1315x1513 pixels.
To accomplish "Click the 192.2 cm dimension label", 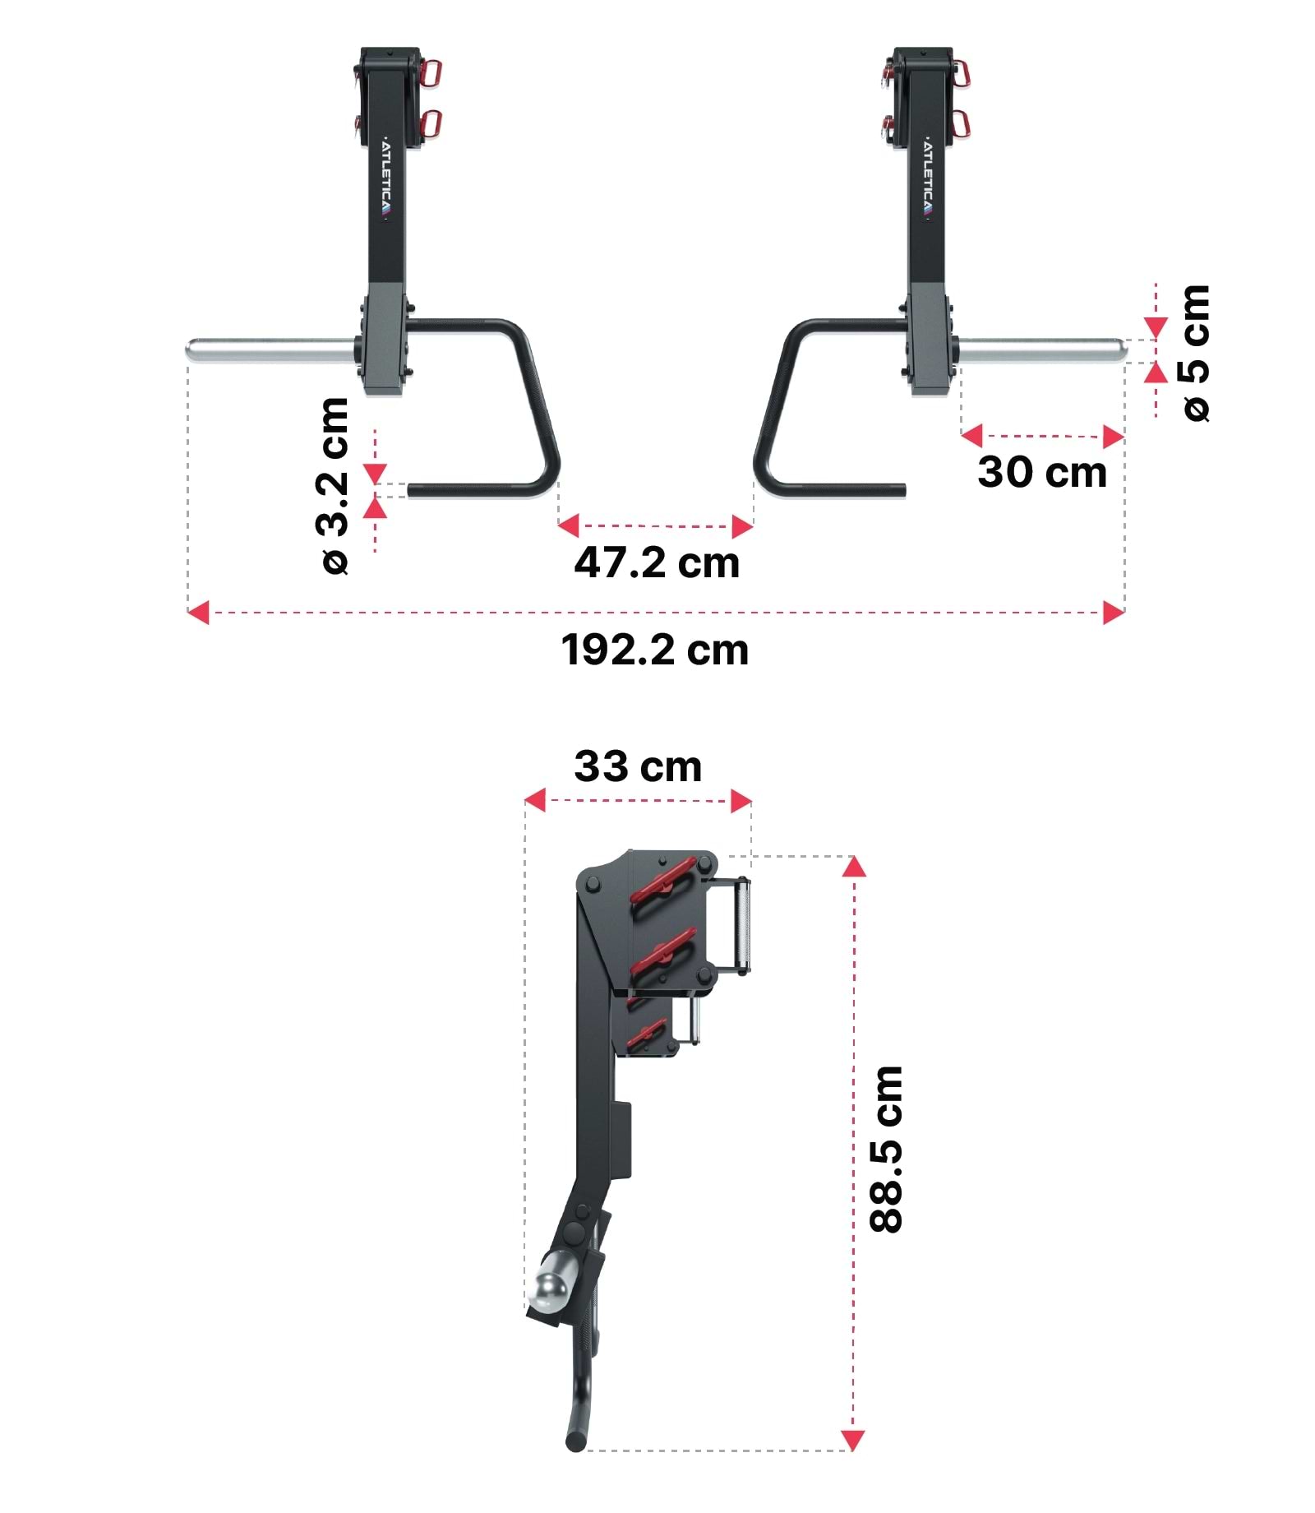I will (654, 650).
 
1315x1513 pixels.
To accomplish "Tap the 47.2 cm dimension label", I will (656, 563).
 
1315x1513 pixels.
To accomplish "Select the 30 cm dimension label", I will (1041, 473).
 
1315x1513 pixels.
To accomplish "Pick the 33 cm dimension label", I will (638, 766).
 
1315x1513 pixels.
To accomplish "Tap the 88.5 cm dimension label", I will (887, 1149).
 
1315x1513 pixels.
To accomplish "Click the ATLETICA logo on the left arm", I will (387, 178).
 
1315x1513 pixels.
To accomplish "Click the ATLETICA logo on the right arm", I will (928, 178).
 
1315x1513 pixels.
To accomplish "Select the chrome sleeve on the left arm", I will (271, 351).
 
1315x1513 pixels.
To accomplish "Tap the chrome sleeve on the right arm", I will (1040, 351).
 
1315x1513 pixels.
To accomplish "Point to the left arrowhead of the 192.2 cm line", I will (198, 612).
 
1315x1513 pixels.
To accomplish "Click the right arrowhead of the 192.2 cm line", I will (1114, 612).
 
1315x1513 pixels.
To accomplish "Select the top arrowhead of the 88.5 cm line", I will (854, 866).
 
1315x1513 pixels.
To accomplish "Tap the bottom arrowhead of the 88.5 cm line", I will (853, 1441).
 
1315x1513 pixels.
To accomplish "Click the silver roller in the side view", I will (742, 926).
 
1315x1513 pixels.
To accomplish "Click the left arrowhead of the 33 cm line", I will (535, 799).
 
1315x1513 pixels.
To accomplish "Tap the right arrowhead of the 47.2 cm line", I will (742, 526).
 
